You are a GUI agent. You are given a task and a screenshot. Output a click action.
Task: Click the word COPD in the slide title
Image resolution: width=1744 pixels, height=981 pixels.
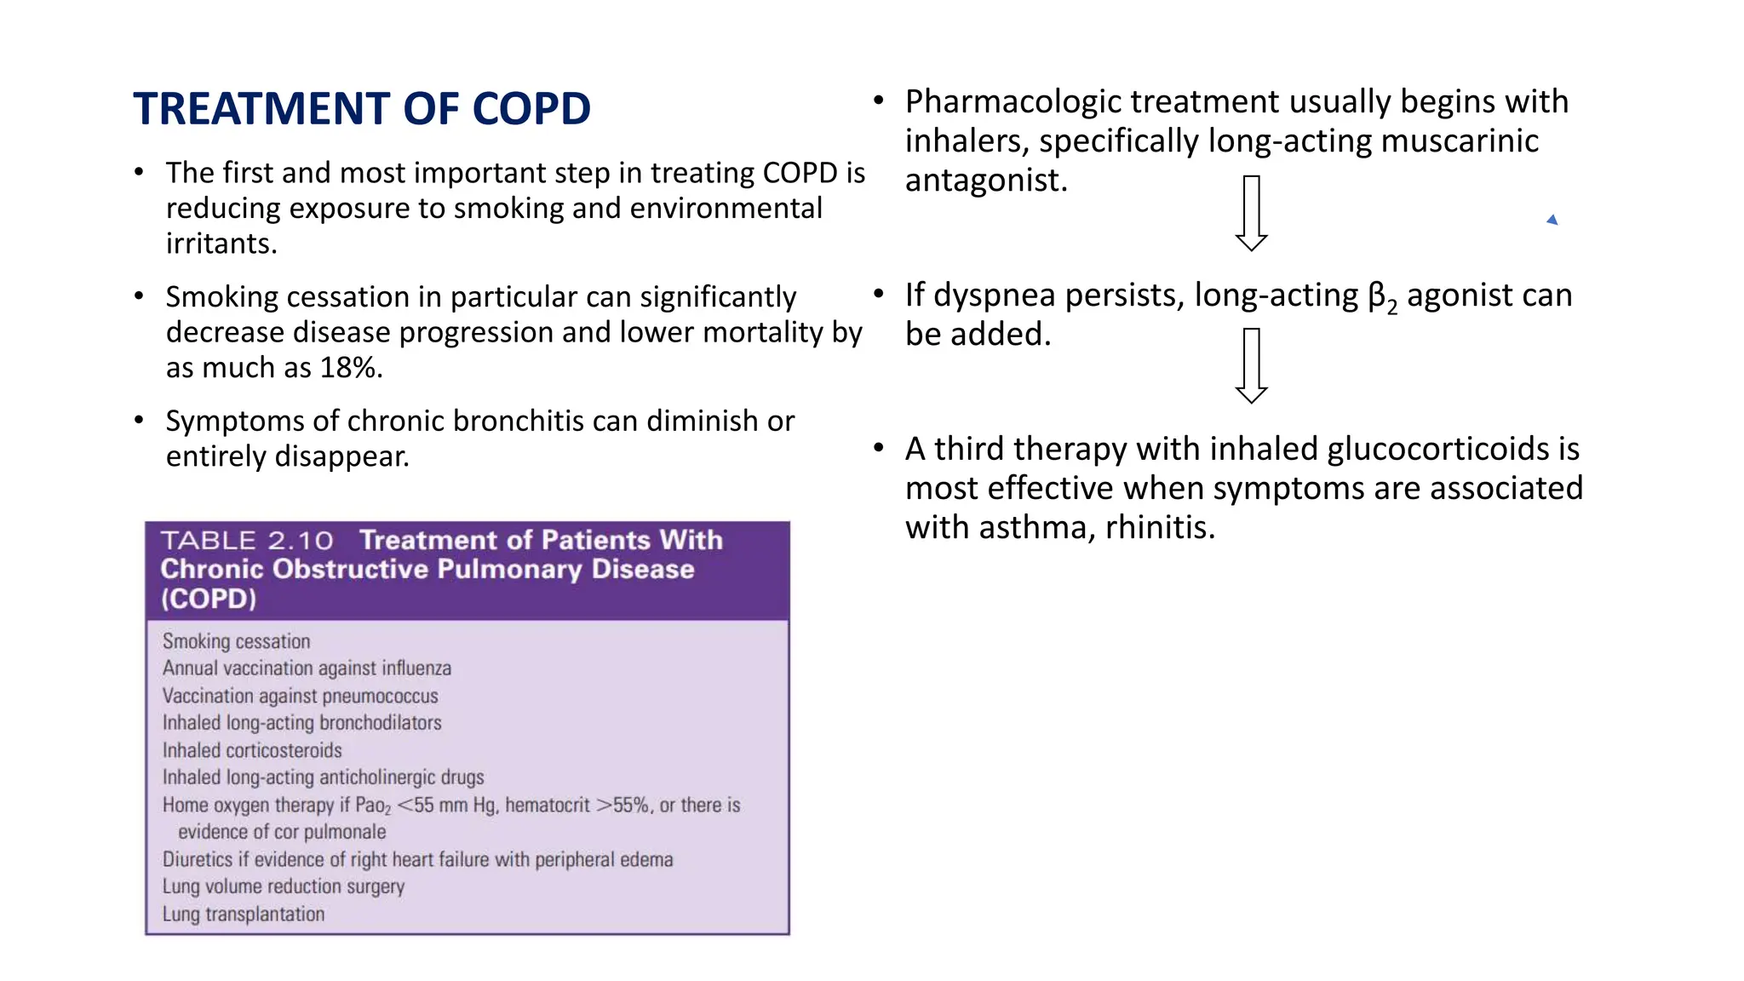coord(531,109)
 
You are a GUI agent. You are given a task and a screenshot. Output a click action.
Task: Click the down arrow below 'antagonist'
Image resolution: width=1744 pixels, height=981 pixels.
coord(1251,213)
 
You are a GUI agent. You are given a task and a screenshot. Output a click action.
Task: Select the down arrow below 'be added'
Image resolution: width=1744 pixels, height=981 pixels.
coord(1251,365)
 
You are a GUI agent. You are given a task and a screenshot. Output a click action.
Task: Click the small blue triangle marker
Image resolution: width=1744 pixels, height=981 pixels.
coord(1552,221)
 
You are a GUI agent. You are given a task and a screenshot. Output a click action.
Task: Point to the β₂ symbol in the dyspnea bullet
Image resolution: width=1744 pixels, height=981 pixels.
coord(1382,297)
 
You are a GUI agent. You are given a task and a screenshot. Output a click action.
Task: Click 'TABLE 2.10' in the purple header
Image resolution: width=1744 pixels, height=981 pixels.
coord(247,541)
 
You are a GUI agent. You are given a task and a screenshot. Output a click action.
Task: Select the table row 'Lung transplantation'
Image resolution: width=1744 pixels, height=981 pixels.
coord(244,915)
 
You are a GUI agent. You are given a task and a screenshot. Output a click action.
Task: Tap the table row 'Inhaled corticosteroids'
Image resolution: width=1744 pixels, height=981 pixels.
coord(252,750)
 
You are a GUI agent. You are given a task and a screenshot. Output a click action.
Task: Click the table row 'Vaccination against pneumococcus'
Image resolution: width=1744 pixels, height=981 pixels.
coord(300,696)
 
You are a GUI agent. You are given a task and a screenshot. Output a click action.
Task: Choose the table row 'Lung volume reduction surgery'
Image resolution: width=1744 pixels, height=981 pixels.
coord(283,886)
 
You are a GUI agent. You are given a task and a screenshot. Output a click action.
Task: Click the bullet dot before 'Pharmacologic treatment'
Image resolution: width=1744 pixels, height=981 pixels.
coord(879,101)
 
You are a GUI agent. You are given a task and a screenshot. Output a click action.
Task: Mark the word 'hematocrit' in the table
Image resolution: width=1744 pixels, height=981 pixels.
coord(547,805)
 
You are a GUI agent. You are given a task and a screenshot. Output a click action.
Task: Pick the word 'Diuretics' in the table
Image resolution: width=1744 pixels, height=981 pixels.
coord(198,859)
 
